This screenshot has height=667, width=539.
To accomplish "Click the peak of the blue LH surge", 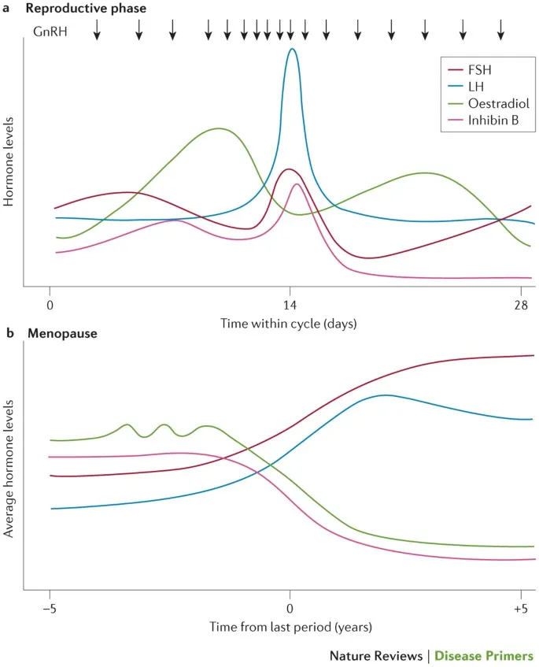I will pyautogui.click(x=292, y=50).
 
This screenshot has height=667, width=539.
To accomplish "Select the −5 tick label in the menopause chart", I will pyautogui.click(x=50, y=609).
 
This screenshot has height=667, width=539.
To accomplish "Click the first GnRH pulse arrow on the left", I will pyautogui.click(x=97, y=30).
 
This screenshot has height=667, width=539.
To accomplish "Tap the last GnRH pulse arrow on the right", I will pyautogui.click(x=500, y=30).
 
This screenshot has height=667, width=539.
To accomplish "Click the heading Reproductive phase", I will pyautogui.click(x=86, y=8).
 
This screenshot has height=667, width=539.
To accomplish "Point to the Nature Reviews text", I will pyautogui.click(x=375, y=655).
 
